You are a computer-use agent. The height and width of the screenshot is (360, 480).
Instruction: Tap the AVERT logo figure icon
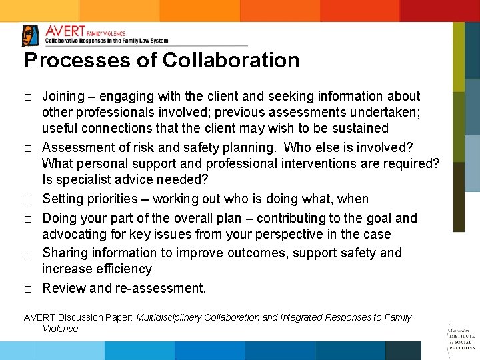(x=31, y=35)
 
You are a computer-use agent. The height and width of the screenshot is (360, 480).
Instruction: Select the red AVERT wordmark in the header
(x=65, y=31)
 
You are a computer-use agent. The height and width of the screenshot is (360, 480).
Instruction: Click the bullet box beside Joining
(x=28, y=98)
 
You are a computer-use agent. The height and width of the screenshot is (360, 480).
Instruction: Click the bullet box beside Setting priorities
(x=28, y=200)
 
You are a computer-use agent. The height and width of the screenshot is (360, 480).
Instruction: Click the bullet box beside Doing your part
(x=28, y=219)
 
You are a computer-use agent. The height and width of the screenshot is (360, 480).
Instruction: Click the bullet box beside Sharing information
(x=28, y=254)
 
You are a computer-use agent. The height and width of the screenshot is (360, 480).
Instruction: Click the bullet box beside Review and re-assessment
(x=28, y=289)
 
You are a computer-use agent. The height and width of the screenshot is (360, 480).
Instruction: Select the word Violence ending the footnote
(x=60, y=329)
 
